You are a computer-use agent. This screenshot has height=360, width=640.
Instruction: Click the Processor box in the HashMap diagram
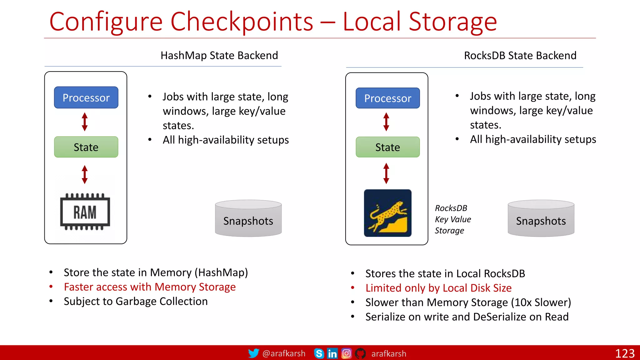point(86,97)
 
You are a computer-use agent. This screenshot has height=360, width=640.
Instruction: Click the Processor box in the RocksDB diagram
point(387,98)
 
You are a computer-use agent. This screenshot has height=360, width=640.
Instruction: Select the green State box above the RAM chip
point(86,147)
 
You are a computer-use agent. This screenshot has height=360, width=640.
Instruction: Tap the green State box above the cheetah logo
point(387,147)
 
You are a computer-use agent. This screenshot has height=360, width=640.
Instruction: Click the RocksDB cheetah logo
point(387,213)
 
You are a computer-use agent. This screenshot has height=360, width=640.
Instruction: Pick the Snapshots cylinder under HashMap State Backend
point(248,218)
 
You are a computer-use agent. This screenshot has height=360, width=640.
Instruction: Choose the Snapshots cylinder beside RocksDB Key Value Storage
point(541,218)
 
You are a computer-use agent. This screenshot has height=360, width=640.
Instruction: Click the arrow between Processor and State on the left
point(85,122)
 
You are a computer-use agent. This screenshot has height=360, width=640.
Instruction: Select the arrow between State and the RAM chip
point(85,174)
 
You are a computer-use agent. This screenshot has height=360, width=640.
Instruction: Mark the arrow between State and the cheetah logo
point(386,173)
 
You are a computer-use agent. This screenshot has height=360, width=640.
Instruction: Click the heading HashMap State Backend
point(219,55)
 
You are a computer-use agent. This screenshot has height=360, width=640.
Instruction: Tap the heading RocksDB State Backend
point(520,56)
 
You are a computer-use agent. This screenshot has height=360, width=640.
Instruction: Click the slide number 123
point(625,353)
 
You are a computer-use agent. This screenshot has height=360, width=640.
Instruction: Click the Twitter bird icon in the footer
point(253,353)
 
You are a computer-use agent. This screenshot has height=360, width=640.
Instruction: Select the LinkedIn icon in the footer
point(332,353)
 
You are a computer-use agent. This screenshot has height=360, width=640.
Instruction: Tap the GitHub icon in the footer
point(360,353)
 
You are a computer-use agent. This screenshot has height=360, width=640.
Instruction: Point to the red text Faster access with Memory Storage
point(150,287)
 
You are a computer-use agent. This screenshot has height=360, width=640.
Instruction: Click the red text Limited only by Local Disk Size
point(438,288)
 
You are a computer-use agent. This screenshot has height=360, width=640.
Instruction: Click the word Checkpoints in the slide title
point(242,22)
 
